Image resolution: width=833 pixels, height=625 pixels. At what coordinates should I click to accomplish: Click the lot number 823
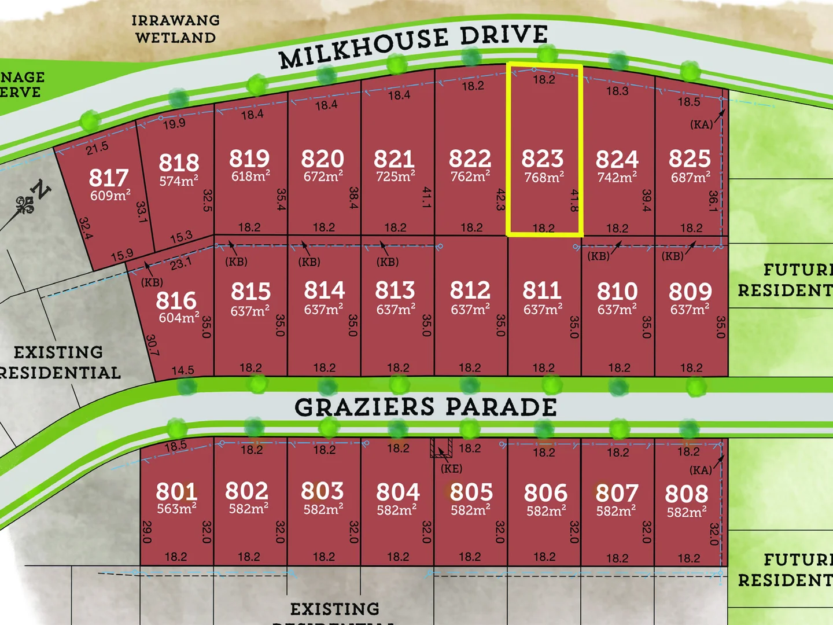pyautogui.click(x=542, y=159)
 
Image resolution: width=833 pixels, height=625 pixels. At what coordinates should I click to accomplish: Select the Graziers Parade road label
pyautogui.click(x=426, y=407)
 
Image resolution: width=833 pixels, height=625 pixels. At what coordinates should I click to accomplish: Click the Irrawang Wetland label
pyautogui.click(x=175, y=29)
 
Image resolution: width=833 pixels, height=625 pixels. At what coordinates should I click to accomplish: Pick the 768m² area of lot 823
pyautogui.click(x=544, y=177)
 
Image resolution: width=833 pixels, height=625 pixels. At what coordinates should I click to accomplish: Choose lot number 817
pyautogui.click(x=109, y=178)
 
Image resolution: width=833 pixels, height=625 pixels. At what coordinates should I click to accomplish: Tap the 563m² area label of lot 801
pyautogui.click(x=176, y=509)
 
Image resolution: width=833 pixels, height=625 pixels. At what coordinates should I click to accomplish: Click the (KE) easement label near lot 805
pyautogui.click(x=451, y=469)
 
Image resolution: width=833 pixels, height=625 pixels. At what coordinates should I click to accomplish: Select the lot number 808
pyautogui.click(x=686, y=494)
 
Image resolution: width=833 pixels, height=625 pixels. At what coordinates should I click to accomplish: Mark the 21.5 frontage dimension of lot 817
pyautogui.click(x=97, y=148)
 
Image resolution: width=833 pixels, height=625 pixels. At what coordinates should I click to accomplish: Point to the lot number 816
pyautogui.click(x=176, y=300)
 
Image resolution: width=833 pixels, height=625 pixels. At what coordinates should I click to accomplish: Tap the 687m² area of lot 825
pyautogui.click(x=691, y=177)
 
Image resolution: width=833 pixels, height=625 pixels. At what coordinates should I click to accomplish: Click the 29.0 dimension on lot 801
pyautogui.click(x=146, y=532)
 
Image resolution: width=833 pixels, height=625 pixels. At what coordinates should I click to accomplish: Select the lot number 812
pyautogui.click(x=470, y=290)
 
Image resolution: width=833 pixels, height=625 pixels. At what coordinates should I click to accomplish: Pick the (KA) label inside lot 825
pyautogui.click(x=701, y=124)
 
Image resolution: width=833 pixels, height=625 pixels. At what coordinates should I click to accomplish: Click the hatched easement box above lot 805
pyautogui.click(x=441, y=447)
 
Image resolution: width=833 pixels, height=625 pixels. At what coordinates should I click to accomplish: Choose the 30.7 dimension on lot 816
pyautogui.click(x=152, y=345)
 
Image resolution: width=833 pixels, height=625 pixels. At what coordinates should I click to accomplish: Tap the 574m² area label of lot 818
pyautogui.click(x=179, y=181)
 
